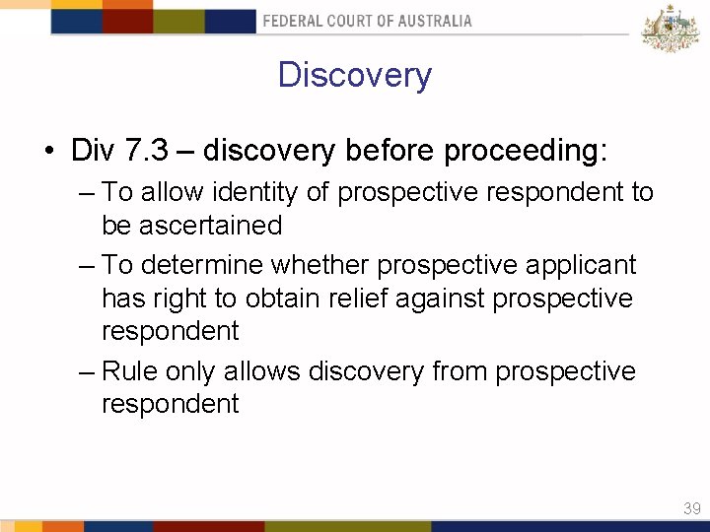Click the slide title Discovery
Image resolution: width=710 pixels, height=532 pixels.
354,76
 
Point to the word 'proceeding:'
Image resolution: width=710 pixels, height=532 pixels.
527,151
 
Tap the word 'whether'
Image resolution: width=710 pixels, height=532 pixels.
322,265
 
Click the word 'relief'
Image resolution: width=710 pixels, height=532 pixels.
330,299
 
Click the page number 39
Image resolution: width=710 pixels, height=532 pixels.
691,508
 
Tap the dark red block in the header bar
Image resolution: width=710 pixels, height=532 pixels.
127,21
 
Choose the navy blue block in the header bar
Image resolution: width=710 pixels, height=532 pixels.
230,21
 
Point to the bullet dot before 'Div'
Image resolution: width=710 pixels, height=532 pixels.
47,152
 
